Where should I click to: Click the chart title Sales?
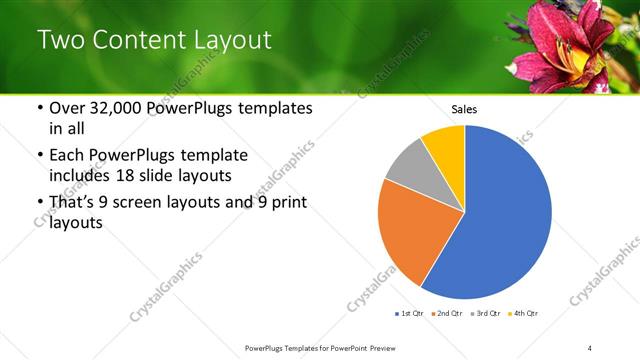464,109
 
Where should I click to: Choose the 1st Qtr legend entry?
410,314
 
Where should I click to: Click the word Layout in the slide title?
227,40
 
